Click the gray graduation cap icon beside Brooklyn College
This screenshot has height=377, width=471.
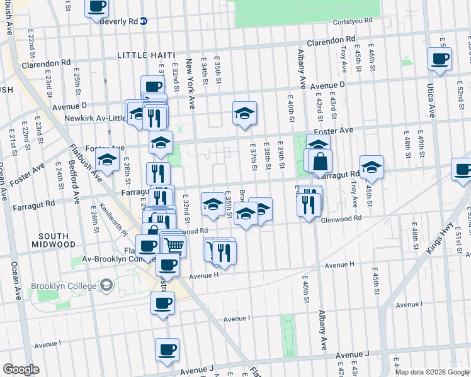pyautogui.click(x=106, y=286)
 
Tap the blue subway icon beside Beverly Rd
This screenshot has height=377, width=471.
pyautogui.click(x=144, y=21)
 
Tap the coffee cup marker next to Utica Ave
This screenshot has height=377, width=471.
pyautogui.click(x=440, y=59)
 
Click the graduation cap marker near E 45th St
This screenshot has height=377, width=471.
pyautogui.click(x=372, y=167)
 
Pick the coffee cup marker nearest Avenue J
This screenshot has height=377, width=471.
pyautogui.click(x=167, y=349)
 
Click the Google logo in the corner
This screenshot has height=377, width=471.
pyautogui.click(x=20, y=369)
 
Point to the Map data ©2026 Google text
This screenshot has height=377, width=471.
pyautogui.click(x=433, y=372)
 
